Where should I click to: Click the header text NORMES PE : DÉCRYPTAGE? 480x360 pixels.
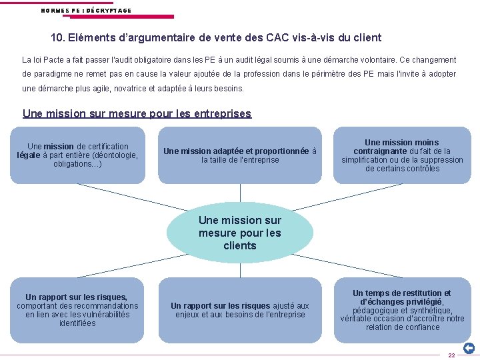pos(86,11)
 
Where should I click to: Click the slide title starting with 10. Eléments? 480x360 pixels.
pos(216,38)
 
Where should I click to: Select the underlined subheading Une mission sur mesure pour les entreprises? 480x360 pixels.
pos(137,113)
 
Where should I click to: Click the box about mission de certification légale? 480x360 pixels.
pos(77,155)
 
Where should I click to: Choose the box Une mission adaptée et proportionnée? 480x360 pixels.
pos(240,155)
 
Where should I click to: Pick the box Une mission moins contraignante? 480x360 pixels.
pos(402,155)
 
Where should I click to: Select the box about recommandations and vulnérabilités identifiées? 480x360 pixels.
pos(77,309)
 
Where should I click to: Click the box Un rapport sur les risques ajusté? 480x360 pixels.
pos(240,309)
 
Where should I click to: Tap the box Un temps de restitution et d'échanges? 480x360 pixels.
pos(402,309)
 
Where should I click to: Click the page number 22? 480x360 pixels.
pos(451,355)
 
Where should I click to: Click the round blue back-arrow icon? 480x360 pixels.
pos(469,348)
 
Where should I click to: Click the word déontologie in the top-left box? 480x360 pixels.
pos(116,155)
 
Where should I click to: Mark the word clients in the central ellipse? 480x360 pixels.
pos(240,245)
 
